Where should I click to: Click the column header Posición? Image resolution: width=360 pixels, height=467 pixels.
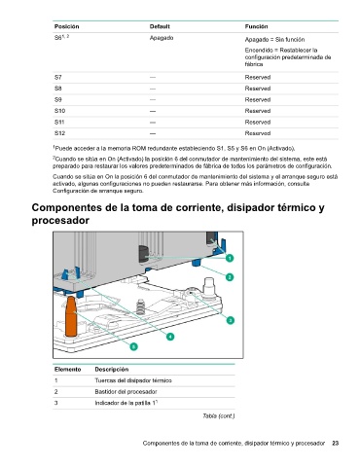pyautogui.click(x=66, y=26)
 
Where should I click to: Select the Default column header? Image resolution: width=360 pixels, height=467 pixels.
pyautogui.click(x=160, y=26)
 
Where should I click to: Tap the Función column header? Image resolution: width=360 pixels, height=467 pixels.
pyautogui.click(x=256, y=26)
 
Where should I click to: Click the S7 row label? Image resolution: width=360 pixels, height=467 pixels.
pyautogui.click(x=57, y=78)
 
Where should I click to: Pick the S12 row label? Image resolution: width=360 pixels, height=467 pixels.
pyautogui.click(x=59, y=133)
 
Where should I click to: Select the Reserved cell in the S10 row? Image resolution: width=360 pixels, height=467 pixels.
pyautogui.click(x=258, y=111)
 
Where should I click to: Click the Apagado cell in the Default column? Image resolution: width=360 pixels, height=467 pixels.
pyautogui.click(x=162, y=38)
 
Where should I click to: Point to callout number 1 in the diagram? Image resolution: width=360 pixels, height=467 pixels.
pyautogui.click(x=230, y=258)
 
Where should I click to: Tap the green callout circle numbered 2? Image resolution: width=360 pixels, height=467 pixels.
pyautogui.click(x=230, y=277)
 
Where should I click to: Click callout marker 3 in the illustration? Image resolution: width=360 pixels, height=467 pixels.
pyautogui.click(x=230, y=320)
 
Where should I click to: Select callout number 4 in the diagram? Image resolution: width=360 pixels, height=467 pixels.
pyautogui.click(x=170, y=337)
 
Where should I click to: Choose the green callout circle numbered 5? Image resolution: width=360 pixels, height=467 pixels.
pyautogui.click(x=133, y=346)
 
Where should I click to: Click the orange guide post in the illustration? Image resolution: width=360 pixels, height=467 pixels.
pyautogui.click(x=71, y=316)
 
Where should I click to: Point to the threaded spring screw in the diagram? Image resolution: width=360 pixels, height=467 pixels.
pyautogui.click(x=140, y=306)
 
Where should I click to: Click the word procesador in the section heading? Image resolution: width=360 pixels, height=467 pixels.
pyautogui.click(x=60, y=221)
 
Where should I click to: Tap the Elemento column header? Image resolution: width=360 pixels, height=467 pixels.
pyautogui.click(x=67, y=370)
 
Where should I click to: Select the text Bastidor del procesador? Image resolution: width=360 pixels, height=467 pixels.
pyautogui.click(x=126, y=392)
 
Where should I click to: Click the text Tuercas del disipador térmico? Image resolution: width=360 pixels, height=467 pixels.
pyautogui.click(x=133, y=380)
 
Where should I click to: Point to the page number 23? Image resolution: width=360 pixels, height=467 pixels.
pyautogui.click(x=336, y=443)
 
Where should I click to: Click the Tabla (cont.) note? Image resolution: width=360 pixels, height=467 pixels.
pyautogui.click(x=219, y=415)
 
